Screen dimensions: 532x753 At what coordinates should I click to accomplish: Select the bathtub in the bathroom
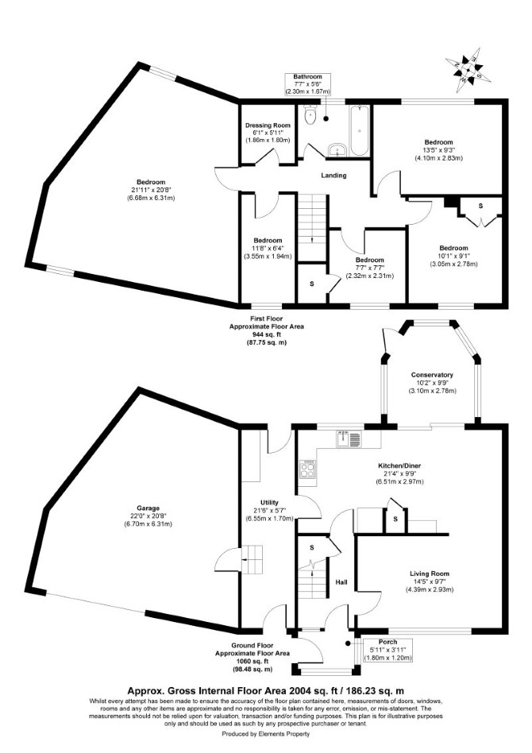point(359,131)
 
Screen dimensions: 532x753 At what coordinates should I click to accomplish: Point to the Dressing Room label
point(268,125)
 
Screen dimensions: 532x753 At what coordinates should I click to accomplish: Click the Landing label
point(333,176)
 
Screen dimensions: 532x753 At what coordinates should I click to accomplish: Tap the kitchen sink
point(349,439)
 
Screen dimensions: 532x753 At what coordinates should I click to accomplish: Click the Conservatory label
point(432,375)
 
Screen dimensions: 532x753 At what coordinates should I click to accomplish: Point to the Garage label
point(148,508)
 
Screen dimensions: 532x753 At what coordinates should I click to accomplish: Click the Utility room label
point(269,503)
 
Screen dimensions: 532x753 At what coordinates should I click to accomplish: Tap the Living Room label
point(430,573)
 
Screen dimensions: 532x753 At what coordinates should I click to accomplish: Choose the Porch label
point(388,642)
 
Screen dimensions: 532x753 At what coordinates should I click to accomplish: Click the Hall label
point(341,582)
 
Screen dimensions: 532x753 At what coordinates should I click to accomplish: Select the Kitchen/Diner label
point(399,465)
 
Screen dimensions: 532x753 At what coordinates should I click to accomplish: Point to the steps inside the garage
point(252,559)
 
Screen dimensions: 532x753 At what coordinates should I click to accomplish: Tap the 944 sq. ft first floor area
point(267,334)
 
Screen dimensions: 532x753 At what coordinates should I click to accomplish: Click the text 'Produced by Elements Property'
point(266,734)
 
